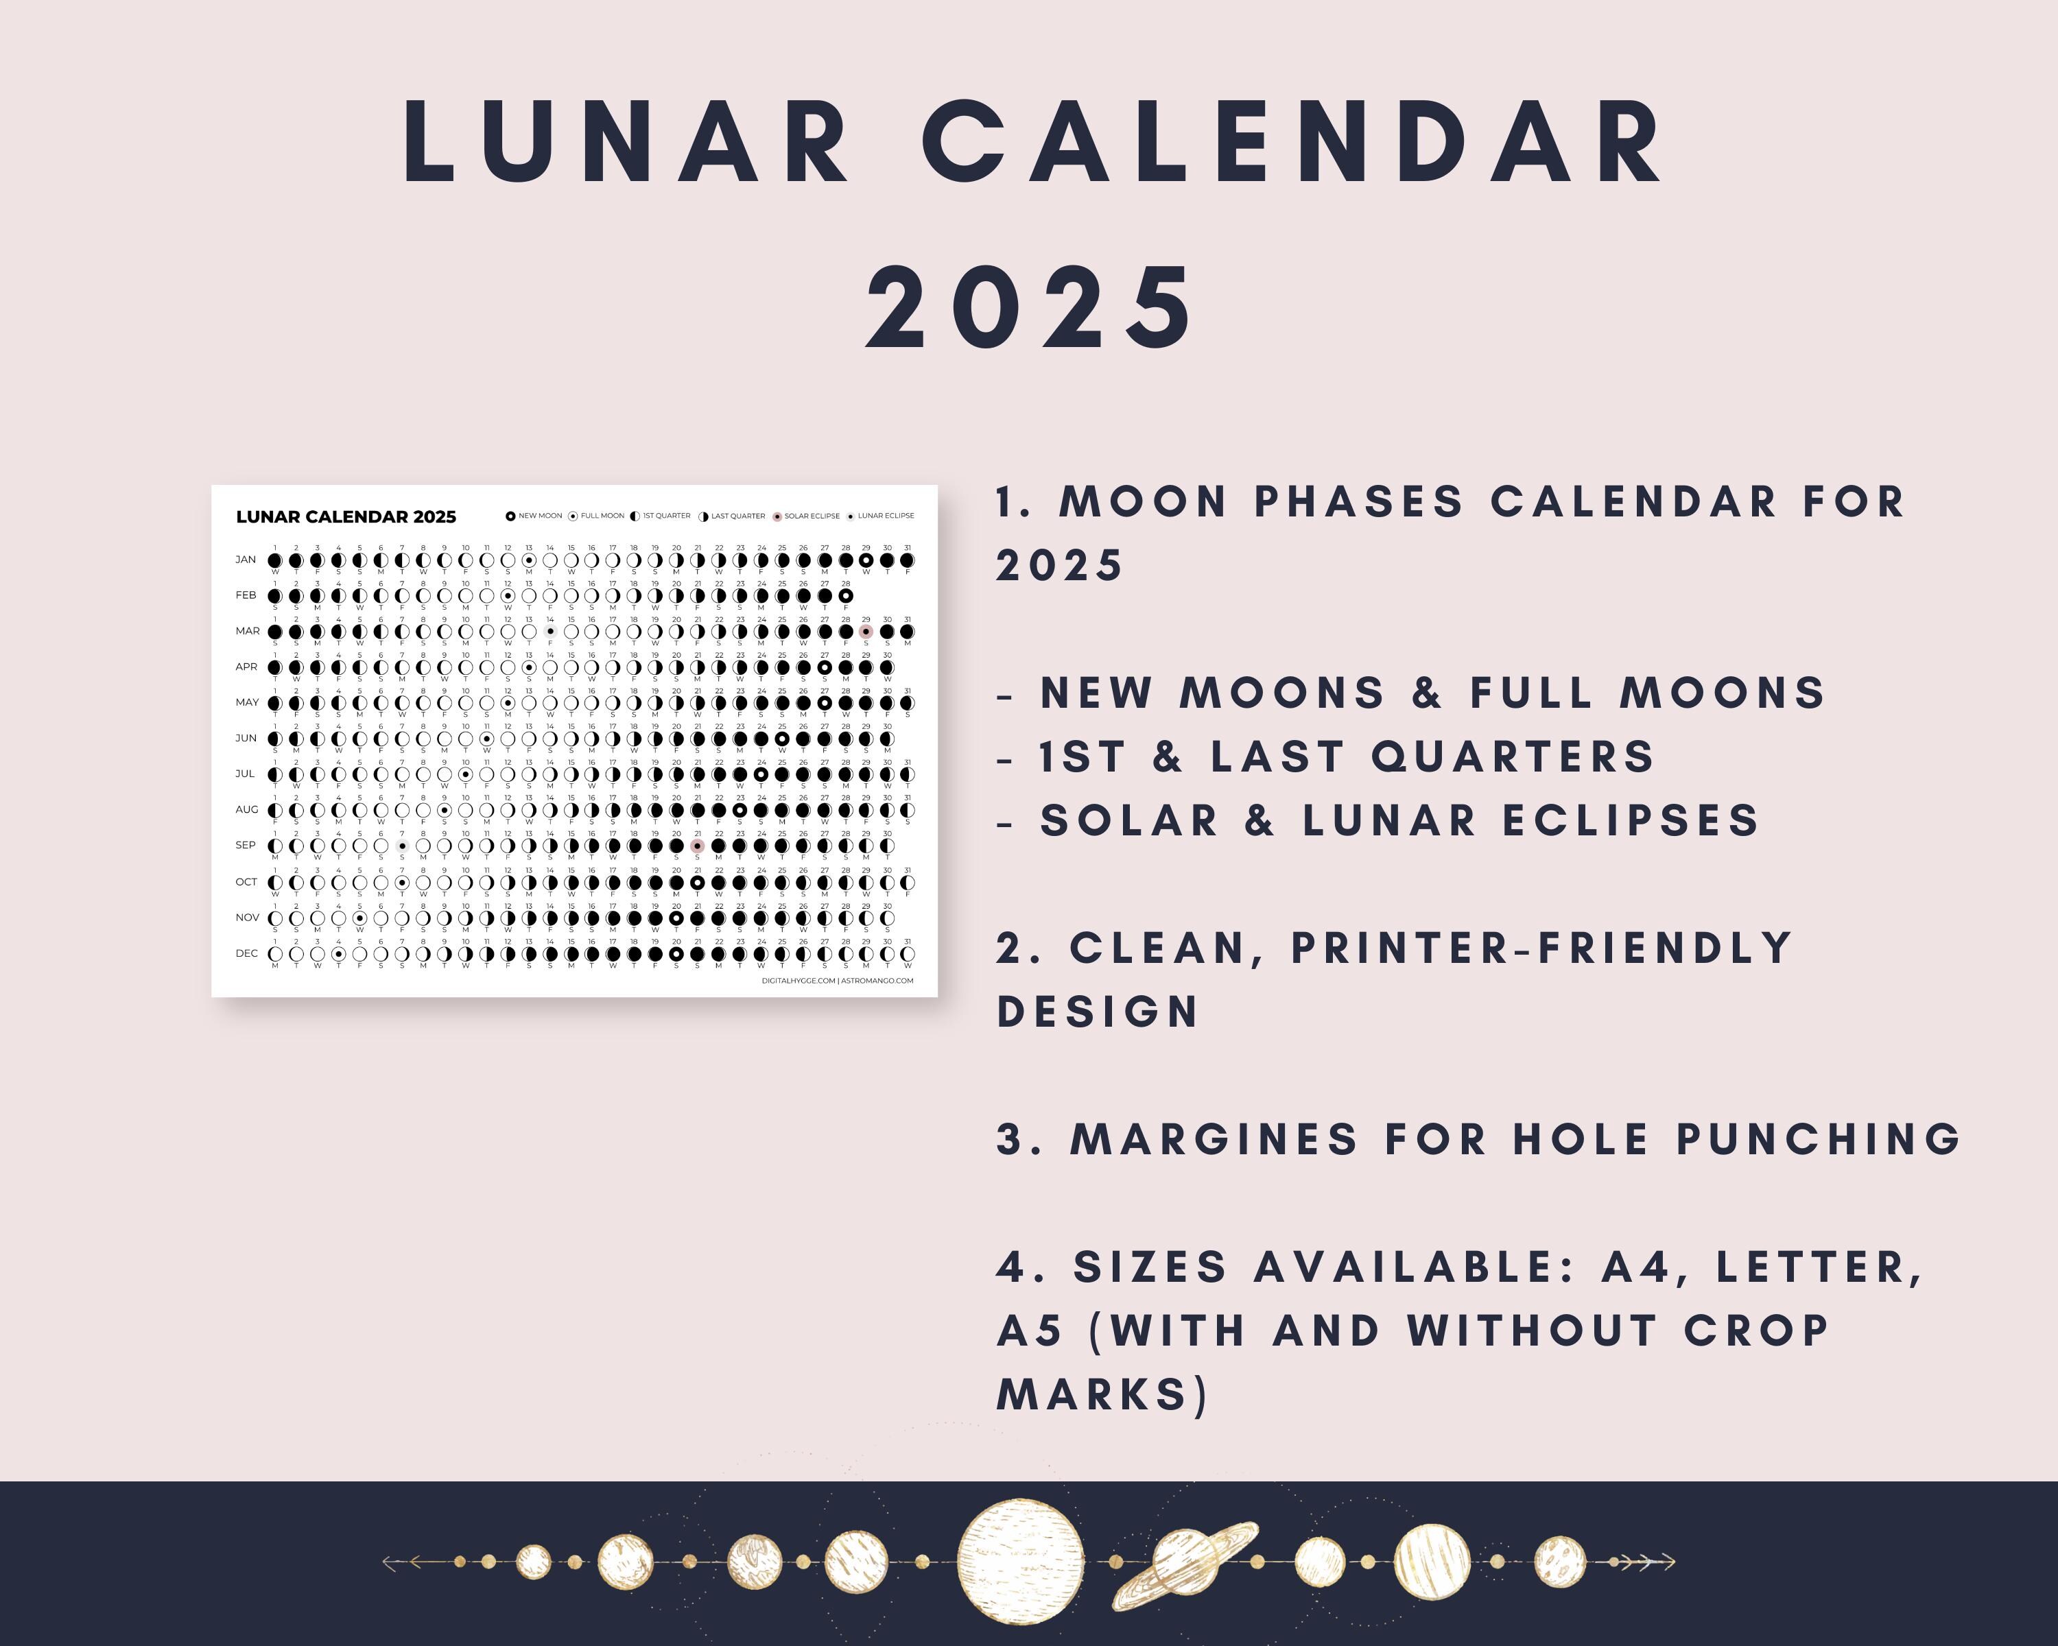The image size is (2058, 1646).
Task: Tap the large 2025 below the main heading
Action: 1029,307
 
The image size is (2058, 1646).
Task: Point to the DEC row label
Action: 246,953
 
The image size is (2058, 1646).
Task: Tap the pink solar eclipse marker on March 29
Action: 866,632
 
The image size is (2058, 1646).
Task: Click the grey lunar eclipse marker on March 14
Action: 549,632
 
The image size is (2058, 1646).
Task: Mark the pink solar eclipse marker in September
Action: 698,846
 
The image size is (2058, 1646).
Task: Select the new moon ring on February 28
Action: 846,595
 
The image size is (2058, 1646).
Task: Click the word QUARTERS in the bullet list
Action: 1512,756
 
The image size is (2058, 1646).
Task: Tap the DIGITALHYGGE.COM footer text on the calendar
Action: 798,980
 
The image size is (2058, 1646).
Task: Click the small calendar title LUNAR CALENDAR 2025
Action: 346,517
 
